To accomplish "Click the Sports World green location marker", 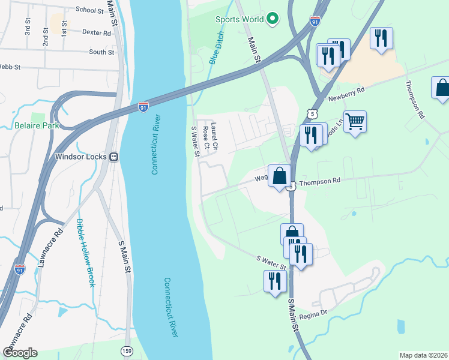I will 273,19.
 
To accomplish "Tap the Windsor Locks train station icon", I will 113,157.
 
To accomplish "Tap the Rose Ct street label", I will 206,137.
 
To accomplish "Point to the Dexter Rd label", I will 97,33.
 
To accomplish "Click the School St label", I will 90,10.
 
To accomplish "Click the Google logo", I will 20,352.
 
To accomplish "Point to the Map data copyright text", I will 423,355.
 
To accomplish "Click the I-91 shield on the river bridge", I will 143,107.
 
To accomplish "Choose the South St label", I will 101,52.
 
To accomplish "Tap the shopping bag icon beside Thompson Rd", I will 279,176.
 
